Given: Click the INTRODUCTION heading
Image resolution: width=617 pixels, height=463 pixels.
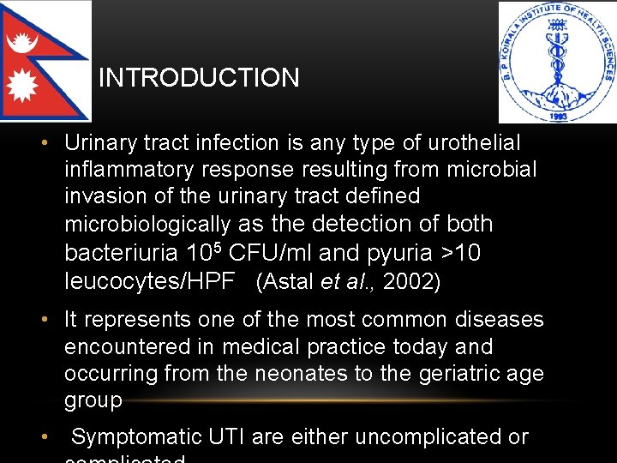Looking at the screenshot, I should [199, 78].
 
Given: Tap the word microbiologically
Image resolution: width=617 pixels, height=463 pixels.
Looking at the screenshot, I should [147, 224].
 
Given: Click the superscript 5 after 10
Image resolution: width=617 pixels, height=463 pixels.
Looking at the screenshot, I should [219, 247].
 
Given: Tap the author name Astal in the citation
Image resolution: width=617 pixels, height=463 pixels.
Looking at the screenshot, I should [289, 281].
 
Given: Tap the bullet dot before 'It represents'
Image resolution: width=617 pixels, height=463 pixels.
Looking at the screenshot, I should [51, 320].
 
